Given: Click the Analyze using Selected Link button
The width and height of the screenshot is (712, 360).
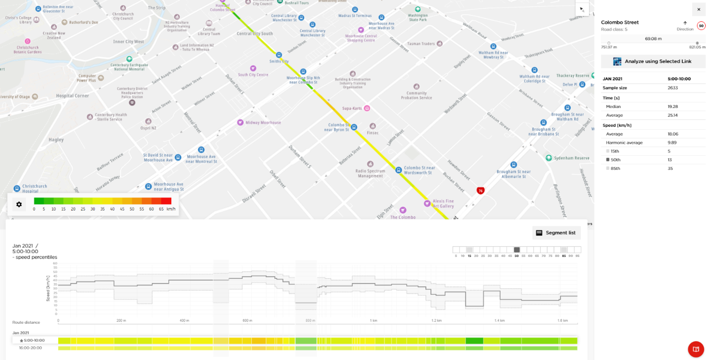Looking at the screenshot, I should click(x=653, y=61).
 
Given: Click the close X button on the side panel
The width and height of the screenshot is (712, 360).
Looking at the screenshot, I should click(x=698, y=9).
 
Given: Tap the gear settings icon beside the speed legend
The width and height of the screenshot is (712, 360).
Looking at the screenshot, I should click(x=19, y=204).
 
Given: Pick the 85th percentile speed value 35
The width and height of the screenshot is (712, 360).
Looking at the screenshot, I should click(x=670, y=168).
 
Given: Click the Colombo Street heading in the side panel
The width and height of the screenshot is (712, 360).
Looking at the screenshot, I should click(x=620, y=22).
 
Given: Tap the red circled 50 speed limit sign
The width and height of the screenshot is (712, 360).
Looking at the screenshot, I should click(x=701, y=26).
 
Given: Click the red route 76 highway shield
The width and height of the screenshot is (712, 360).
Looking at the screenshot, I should click(x=480, y=191).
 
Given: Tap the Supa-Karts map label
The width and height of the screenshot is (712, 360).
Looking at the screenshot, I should click(x=353, y=108).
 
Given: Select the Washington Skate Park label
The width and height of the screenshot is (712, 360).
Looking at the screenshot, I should click(x=417, y=17).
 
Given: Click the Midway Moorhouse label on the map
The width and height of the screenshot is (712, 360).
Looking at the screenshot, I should click(x=263, y=122).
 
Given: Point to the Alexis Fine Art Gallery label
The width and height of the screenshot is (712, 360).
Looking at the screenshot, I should click(x=443, y=203).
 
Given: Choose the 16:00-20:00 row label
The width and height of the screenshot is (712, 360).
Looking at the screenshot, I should click(x=30, y=348).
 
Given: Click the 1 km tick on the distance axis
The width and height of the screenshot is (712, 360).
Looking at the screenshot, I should click(x=373, y=320).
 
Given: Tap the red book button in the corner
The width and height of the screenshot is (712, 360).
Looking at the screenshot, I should click(x=696, y=349).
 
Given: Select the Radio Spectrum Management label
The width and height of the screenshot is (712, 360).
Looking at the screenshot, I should click(x=371, y=173).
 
